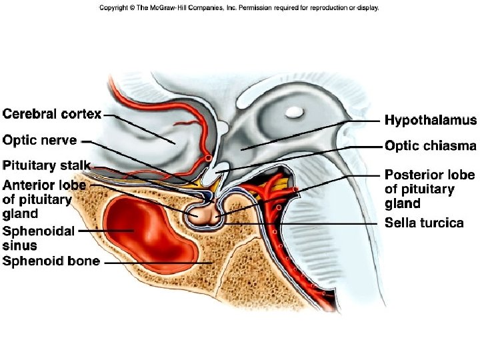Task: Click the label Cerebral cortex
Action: point(52,114)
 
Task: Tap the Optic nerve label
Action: point(40,141)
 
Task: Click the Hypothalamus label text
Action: point(430,121)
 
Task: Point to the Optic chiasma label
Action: point(430,146)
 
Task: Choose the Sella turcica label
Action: point(423,223)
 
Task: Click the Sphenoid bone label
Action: point(51,261)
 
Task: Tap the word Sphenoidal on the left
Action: point(33,231)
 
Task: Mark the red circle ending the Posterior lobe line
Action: point(295,190)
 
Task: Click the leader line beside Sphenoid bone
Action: point(157,263)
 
